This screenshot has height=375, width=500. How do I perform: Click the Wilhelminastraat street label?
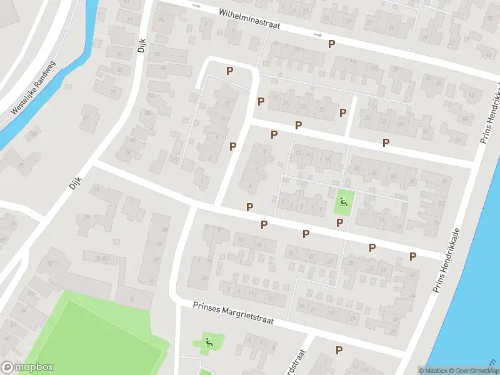pyautogui.click(x=249, y=20)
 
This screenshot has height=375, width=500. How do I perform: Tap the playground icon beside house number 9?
pyautogui.click(x=343, y=202)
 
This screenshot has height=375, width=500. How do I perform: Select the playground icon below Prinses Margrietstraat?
pyautogui.click(x=209, y=342)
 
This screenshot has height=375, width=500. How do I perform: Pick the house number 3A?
pyautogui.click(x=204, y=278)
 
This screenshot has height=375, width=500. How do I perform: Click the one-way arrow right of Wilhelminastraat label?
pyautogui.click(x=318, y=35)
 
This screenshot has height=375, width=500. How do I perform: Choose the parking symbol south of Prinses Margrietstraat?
pyautogui.click(x=339, y=350)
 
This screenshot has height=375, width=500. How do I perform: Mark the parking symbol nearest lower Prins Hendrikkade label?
pyautogui.click(x=412, y=256)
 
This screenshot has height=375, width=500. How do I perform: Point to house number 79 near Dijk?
pyautogui.click(x=114, y=92)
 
